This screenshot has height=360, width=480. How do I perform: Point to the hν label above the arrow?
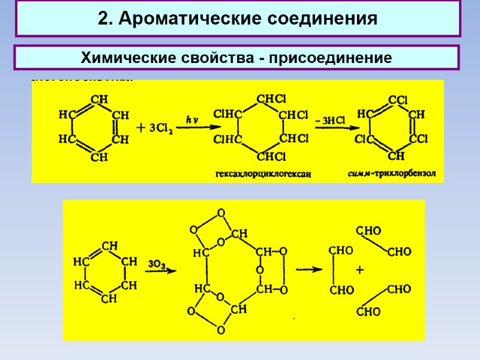pyautogui.click(x=192, y=120)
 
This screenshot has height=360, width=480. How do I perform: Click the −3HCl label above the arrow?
pyautogui.click(x=330, y=120)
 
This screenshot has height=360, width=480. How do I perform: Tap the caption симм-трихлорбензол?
pyautogui.click(x=392, y=175)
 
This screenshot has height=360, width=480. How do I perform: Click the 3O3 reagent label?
pyautogui.click(x=156, y=263)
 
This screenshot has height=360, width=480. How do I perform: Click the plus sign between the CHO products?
pyautogui.click(x=360, y=271)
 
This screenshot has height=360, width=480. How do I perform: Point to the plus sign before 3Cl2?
pyautogui.click(x=141, y=128)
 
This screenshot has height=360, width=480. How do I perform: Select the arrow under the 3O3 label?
pyautogui.click(x=161, y=271)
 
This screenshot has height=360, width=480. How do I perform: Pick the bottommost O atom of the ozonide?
pyautogui.click(x=221, y=330)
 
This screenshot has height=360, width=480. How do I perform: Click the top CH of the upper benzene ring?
pyautogui.click(x=99, y=98)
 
